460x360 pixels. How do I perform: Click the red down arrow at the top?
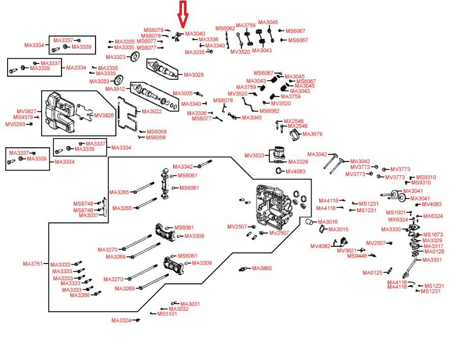tap(183, 14)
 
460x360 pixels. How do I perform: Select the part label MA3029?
tap(194, 75)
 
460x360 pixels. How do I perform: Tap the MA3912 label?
tap(115, 89)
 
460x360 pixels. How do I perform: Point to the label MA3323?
tap(115, 57)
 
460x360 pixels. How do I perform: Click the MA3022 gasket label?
tap(151, 111)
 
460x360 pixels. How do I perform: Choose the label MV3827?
tap(26, 111)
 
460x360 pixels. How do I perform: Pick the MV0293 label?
tap(15, 124)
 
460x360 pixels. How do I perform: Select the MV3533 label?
tap(255, 155)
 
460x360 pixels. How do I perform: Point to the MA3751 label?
tap(33, 264)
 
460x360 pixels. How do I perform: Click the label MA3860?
tap(262, 268)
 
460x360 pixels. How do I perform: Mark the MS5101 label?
tap(167, 314)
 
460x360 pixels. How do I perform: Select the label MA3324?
tap(121, 320)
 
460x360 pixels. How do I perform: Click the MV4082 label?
tap(320, 246)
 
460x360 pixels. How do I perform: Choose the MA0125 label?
tap(372, 273)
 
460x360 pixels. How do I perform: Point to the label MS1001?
tap(395, 212)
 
